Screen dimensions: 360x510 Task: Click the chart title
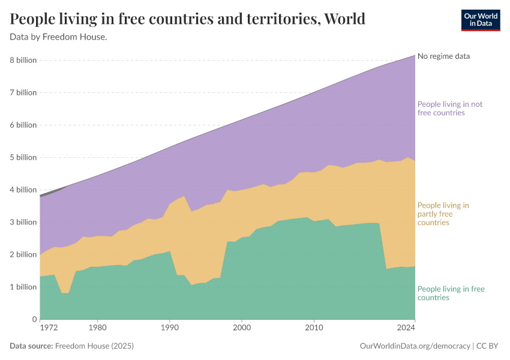(188, 19)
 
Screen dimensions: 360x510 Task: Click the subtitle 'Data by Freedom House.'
(59, 37)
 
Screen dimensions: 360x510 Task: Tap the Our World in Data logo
(480, 20)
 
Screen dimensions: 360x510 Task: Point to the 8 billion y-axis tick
(23, 60)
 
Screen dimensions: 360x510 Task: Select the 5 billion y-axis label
(23, 157)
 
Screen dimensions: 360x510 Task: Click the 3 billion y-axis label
(23, 222)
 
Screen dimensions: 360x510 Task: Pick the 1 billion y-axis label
(23, 287)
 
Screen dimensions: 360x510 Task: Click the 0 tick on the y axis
(34, 319)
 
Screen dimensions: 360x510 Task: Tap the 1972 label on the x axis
(49, 328)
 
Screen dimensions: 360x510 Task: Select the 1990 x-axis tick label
(170, 328)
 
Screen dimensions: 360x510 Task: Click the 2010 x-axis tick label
(314, 328)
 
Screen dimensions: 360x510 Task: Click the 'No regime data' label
(443, 56)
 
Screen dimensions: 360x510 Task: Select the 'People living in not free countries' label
(449, 109)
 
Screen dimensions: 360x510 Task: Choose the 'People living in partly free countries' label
(443, 214)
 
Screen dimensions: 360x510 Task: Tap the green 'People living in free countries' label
(451, 293)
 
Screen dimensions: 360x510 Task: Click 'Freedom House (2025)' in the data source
(94, 346)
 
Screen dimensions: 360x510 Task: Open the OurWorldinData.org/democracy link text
(414, 346)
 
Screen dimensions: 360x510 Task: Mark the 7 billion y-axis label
(23, 92)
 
